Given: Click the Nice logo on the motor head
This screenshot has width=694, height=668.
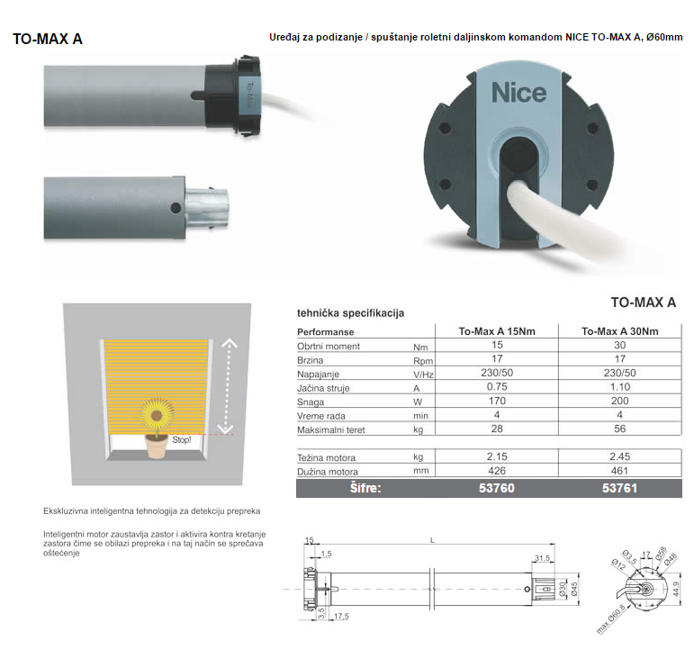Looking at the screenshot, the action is pyautogui.click(x=518, y=93).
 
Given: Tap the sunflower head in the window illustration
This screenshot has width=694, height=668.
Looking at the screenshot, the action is pyautogui.click(x=157, y=415).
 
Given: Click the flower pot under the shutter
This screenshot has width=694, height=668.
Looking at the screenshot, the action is pyautogui.click(x=157, y=446).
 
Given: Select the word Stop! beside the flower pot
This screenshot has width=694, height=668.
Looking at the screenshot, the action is pyautogui.click(x=182, y=439).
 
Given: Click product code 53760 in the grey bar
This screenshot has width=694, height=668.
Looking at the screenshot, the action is pyautogui.click(x=497, y=488).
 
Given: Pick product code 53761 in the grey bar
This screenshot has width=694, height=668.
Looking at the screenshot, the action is pyautogui.click(x=619, y=488).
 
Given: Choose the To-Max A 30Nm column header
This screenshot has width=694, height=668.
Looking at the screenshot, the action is pyautogui.click(x=619, y=331).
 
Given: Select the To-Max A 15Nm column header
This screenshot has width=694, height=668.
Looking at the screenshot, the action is pyautogui.click(x=497, y=331).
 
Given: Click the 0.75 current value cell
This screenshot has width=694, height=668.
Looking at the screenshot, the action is pyautogui.click(x=497, y=386).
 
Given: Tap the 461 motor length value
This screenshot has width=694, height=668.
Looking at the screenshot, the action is pyautogui.click(x=619, y=471).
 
